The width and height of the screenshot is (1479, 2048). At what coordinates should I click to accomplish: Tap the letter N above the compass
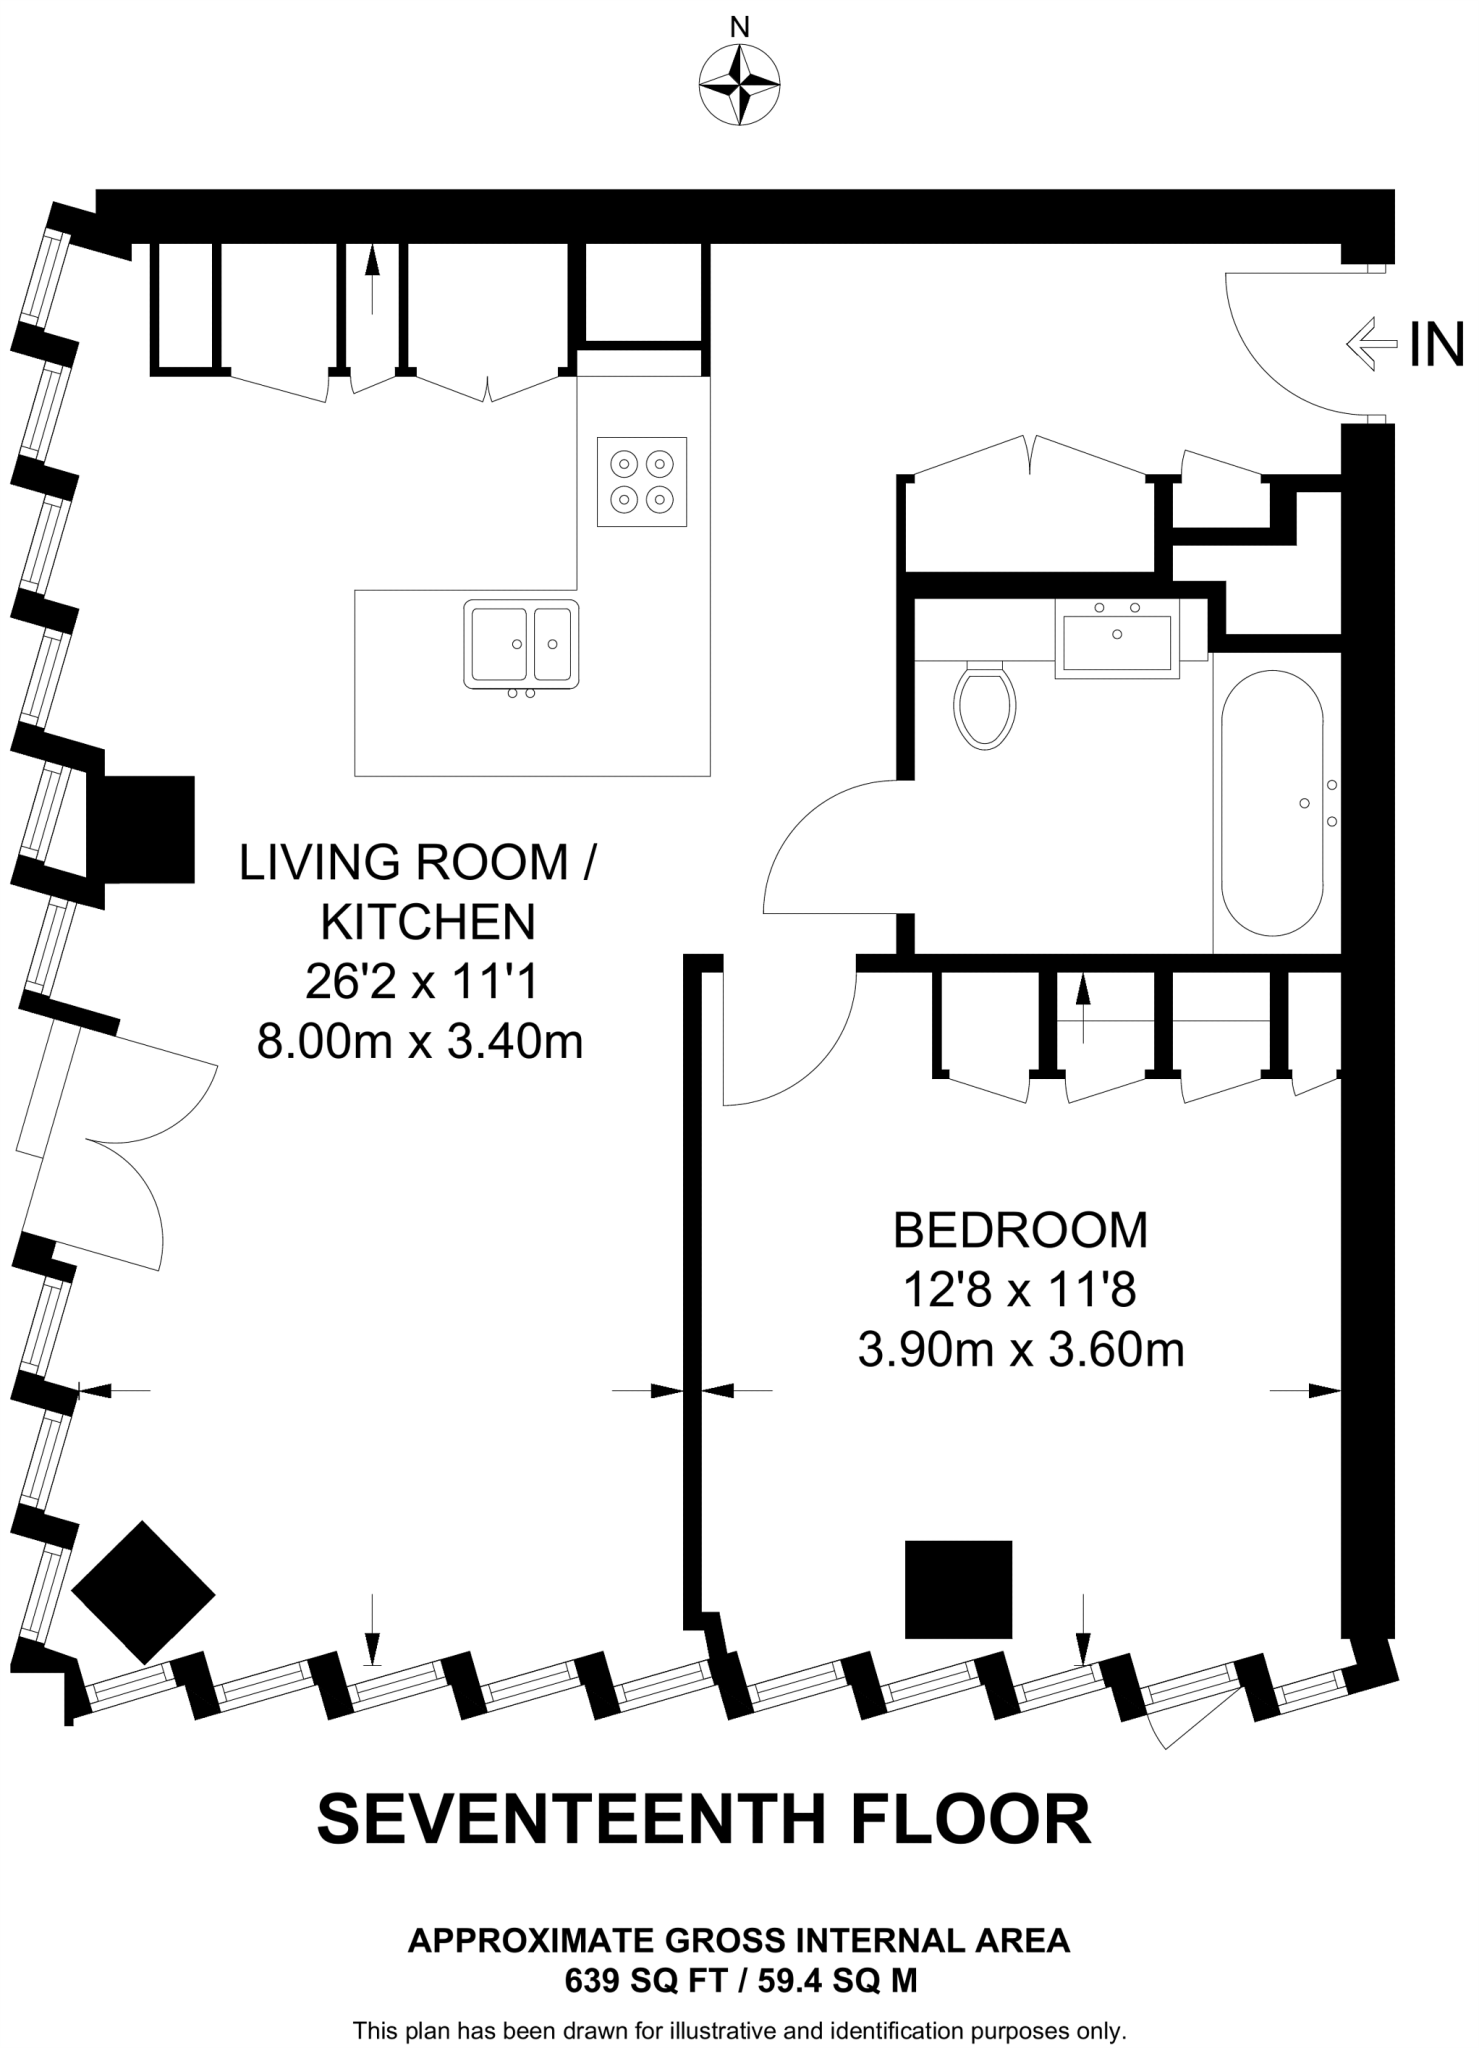pyautogui.click(x=740, y=28)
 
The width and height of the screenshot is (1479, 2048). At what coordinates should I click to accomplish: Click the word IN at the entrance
pyautogui.click(x=1436, y=345)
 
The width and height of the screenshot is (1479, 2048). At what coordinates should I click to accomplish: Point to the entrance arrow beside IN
pyautogui.click(x=1371, y=345)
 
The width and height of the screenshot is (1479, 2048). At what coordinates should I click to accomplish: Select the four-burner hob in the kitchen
pyautogui.click(x=642, y=481)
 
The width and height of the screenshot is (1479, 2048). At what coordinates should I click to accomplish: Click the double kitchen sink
pyautogui.click(x=521, y=644)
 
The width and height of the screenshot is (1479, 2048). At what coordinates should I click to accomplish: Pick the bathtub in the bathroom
pyautogui.click(x=1273, y=803)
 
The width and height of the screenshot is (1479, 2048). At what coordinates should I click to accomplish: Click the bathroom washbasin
pyautogui.click(x=1117, y=638)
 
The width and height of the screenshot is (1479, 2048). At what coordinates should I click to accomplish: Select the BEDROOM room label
pyautogui.click(x=1020, y=1231)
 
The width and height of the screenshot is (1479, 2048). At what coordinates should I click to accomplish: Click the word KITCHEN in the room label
pyautogui.click(x=428, y=922)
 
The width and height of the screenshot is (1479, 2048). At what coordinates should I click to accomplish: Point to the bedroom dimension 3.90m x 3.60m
pyautogui.click(x=1021, y=1351)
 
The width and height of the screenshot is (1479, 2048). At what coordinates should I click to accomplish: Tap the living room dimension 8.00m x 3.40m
pyautogui.click(x=420, y=1043)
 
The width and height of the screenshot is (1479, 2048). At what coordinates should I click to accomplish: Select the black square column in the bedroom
pyautogui.click(x=958, y=1589)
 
